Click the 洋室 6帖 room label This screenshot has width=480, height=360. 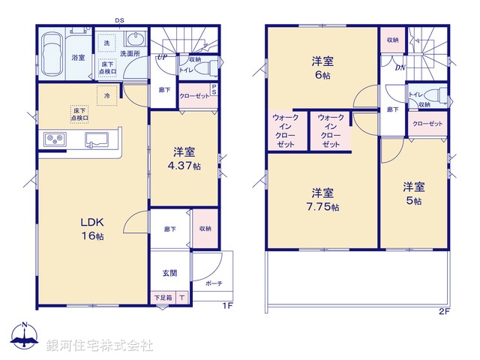coord(322,68)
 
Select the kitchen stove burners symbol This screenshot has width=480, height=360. coord(55,139)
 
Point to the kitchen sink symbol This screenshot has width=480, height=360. coord(97,139)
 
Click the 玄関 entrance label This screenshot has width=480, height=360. coord(169,273)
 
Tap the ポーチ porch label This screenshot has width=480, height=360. coord(214,285)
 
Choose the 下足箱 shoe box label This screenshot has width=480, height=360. coord(163,298)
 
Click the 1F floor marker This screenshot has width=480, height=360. coord(226,306)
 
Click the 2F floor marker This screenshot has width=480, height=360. coord(444,310)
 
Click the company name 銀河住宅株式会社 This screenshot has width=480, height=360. coord(100,345)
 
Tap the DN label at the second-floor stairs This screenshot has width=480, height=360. coord(399,67)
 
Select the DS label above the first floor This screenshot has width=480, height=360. coord(119,20)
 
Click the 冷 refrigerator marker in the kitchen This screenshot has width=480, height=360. coord(107,96)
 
